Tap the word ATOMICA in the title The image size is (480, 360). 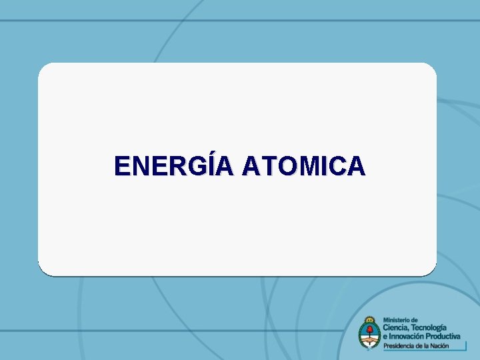pyautogui.click(x=304, y=166)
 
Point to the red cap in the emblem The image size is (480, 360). pyautogui.click(x=369, y=327)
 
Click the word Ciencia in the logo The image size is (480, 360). pyautogui.click(x=398, y=327)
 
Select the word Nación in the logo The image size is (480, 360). pyautogui.click(x=451, y=345)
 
